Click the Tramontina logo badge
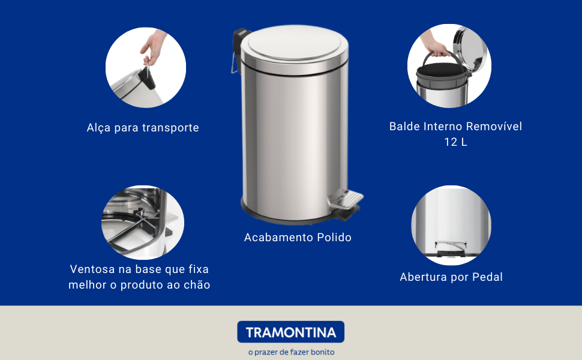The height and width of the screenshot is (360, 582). tap(290, 332)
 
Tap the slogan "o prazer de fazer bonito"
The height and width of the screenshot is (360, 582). tap(291, 352)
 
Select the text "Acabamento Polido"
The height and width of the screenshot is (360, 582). tap(298, 238)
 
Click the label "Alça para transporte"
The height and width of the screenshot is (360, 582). tap(143, 128)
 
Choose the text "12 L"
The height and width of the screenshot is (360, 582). tap(455, 142)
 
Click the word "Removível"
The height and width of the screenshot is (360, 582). tap(494, 127)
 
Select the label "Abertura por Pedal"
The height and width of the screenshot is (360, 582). tap(451, 277)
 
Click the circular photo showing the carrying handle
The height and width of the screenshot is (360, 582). tap(146, 67)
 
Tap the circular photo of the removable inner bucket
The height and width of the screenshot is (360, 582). tap(449, 66)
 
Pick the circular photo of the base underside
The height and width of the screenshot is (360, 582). tap(143, 222)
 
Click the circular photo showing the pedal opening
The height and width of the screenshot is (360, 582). tap(451, 226)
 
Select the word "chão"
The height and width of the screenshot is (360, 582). tap(197, 285)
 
